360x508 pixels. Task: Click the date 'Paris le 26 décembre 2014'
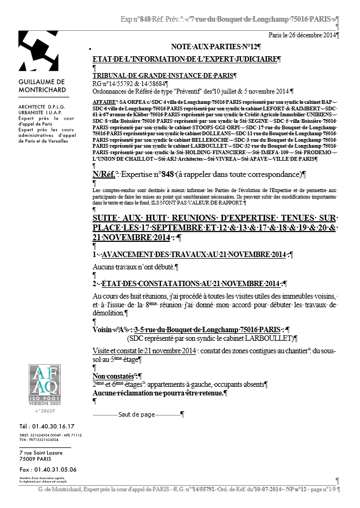tap(303, 35)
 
